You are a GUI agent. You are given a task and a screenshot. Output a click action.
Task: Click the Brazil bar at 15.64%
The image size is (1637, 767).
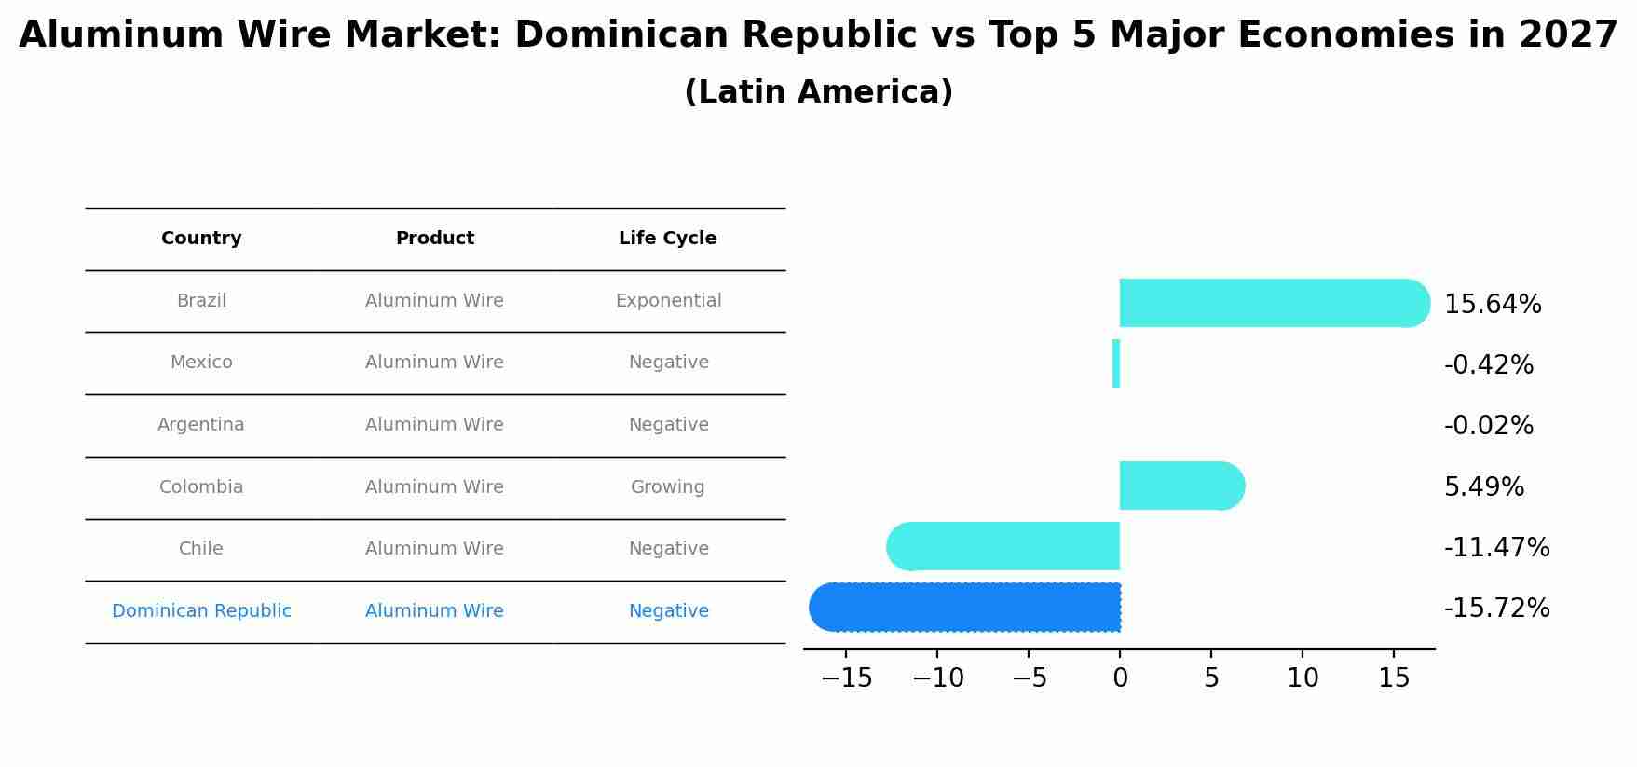click(x=1273, y=303)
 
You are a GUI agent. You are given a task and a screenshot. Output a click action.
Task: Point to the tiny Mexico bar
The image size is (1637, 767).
click(x=1116, y=363)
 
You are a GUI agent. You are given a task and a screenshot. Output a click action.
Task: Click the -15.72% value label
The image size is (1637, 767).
click(x=1496, y=609)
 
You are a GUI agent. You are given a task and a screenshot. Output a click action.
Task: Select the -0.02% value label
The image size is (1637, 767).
click(x=1488, y=426)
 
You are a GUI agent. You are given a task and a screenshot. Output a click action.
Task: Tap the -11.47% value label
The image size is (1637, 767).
click(x=1496, y=548)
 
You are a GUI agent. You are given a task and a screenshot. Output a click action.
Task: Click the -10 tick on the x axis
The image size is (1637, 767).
click(x=937, y=678)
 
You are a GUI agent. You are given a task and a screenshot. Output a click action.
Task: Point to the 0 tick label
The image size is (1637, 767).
click(x=1120, y=678)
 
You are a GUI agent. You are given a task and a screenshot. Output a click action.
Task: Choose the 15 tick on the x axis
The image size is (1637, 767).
click(x=1394, y=678)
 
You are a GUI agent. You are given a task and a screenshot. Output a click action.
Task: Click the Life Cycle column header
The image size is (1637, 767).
click(x=667, y=239)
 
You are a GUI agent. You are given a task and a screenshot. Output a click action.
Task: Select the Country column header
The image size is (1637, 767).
click(x=201, y=239)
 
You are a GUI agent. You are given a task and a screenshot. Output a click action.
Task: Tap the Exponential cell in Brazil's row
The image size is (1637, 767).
click(x=668, y=301)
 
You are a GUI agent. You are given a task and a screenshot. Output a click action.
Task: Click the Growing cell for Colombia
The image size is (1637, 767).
click(x=667, y=487)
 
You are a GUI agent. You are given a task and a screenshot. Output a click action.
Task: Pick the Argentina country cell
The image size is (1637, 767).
click(x=201, y=425)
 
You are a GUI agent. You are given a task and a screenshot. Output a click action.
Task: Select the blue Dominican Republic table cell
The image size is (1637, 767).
click(x=201, y=611)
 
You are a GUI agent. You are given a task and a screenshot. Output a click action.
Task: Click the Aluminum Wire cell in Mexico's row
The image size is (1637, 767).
click(x=434, y=363)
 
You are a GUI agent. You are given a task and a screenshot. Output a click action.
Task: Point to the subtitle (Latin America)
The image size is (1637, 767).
click(x=818, y=92)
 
